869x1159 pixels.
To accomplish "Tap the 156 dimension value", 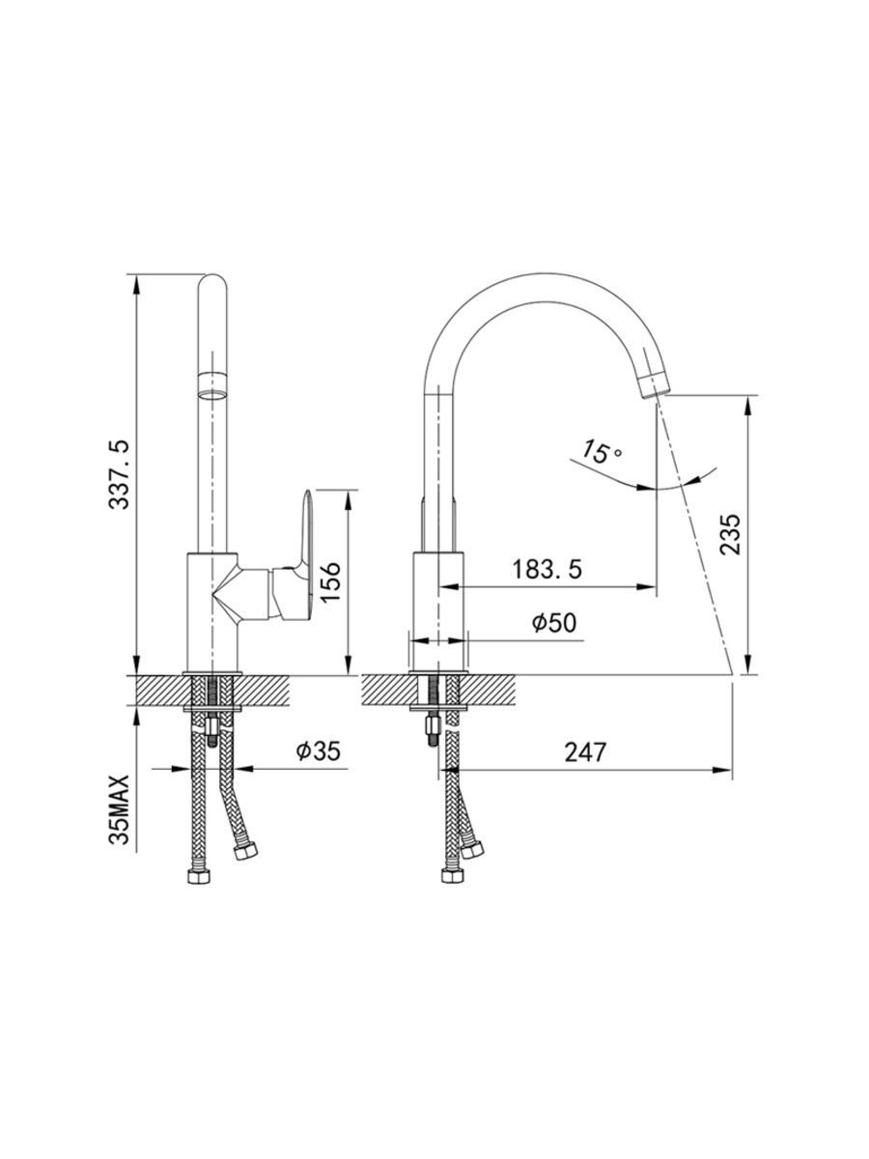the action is tap(331, 582).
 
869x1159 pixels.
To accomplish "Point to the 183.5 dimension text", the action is tap(547, 569).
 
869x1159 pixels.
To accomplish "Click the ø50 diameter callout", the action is tap(554, 623).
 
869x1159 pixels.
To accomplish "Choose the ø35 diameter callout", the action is tap(319, 750).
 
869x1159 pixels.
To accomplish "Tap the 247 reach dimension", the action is tap(585, 751).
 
